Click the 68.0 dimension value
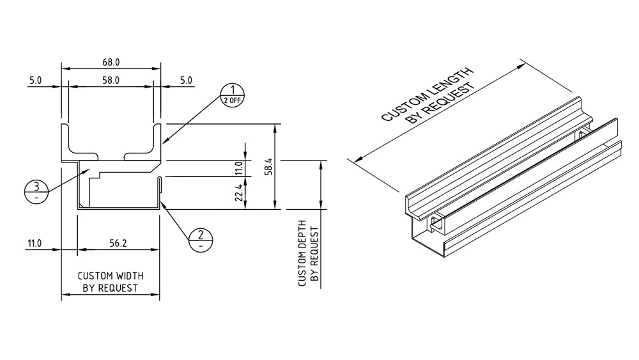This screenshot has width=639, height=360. (111, 63)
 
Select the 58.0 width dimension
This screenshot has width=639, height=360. (111, 81)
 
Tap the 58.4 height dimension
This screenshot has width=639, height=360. (270, 167)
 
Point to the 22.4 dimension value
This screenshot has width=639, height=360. (238, 192)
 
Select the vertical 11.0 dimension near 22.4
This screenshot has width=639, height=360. (238, 169)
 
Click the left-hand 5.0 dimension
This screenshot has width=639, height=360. (35, 81)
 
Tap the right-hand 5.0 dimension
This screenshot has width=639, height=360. (185, 81)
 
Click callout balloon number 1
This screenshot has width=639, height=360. (233, 90)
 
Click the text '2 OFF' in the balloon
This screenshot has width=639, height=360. (233, 100)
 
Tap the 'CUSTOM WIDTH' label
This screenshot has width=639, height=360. (111, 276)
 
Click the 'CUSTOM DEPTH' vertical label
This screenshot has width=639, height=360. (302, 253)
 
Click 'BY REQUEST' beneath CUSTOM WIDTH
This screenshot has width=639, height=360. (111, 288)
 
